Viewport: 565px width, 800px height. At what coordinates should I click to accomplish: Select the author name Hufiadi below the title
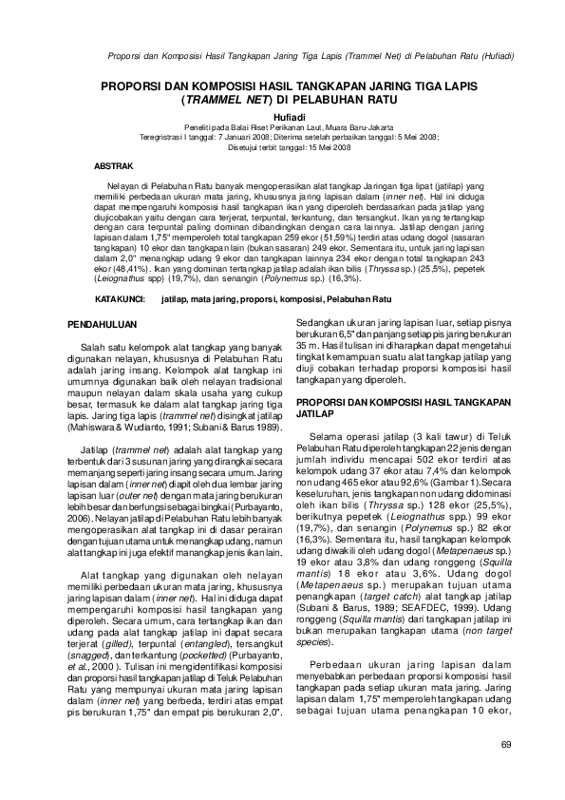tap(282, 116)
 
